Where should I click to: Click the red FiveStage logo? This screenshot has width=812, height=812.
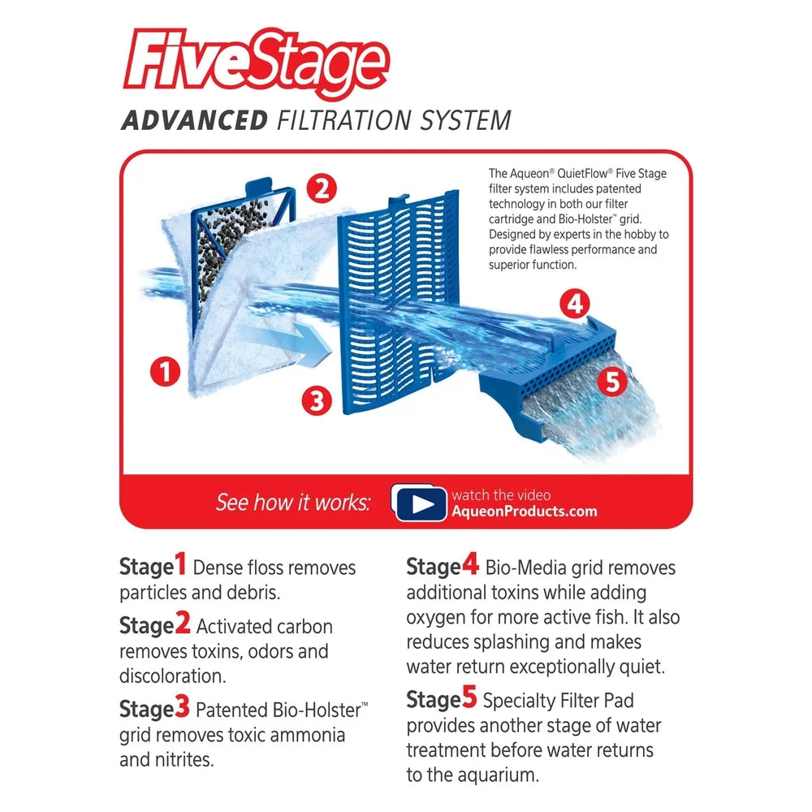[x=256, y=63]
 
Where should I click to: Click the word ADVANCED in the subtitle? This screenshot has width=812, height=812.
[x=195, y=121]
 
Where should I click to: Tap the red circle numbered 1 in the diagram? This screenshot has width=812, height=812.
[x=165, y=371]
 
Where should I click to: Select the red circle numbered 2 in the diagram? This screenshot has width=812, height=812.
[x=322, y=189]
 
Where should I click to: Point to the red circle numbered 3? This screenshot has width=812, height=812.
[x=317, y=400]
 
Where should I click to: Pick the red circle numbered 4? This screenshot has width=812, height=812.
[x=576, y=304]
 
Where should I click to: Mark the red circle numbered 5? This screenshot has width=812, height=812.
[x=612, y=382]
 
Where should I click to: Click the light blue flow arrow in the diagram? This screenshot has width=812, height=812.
[x=290, y=343]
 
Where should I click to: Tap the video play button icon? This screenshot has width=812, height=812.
[x=420, y=503]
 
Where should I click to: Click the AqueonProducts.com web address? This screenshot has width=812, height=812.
[x=524, y=512]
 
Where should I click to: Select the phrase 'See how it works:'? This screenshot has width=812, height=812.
[x=293, y=503]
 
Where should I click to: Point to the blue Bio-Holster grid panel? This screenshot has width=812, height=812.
[x=399, y=302]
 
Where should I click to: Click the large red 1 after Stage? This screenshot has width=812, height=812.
[x=180, y=564]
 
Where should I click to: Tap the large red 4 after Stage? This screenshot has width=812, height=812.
[x=470, y=564]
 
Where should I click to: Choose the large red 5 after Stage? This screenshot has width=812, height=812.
[x=469, y=697]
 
